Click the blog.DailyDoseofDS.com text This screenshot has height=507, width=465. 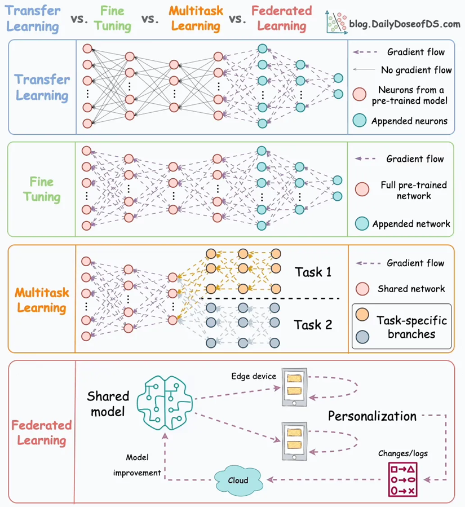[x=405, y=24]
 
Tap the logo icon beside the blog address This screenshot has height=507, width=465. [x=336, y=23]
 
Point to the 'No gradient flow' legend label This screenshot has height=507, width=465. [x=417, y=70]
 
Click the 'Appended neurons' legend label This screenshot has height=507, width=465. [x=409, y=121]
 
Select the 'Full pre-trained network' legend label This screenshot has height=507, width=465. [x=413, y=191]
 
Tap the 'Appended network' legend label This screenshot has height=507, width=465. [x=411, y=224]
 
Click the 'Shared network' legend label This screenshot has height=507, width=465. [x=411, y=289]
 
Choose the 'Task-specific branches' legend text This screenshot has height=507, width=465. [x=411, y=327]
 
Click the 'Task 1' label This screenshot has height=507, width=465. [x=313, y=272]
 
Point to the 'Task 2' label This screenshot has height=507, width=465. [x=313, y=325]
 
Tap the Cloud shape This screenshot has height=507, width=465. [x=238, y=480]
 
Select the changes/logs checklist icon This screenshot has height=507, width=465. [x=402, y=479]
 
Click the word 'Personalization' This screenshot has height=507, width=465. [x=372, y=417]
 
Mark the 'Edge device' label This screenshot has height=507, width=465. [x=254, y=376]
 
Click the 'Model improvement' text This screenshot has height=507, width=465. [x=136, y=465]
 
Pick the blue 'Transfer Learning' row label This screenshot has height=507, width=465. [x=42, y=87]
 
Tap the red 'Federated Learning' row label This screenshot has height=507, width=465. [x=42, y=433]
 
